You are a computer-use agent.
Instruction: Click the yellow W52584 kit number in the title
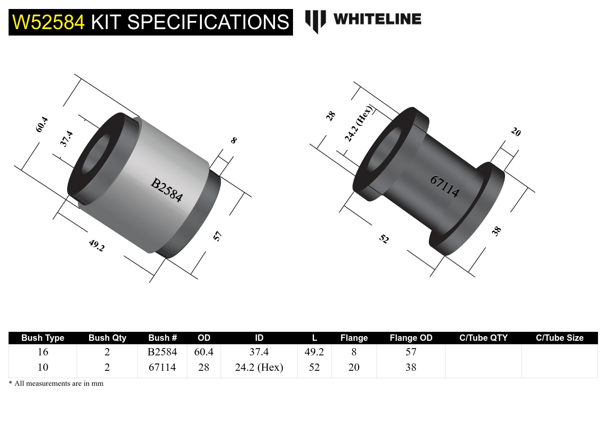(48, 22)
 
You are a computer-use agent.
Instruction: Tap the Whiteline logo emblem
(316, 21)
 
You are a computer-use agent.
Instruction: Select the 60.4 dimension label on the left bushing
(42, 124)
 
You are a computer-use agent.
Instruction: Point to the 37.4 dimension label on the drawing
(66, 139)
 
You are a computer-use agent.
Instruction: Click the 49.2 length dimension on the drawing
(97, 245)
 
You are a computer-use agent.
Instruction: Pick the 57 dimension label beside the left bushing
(218, 236)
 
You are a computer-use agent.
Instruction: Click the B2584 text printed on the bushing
(167, 190)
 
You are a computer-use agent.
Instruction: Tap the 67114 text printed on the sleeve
(445, 186)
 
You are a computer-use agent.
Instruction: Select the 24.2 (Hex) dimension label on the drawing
(359, 123)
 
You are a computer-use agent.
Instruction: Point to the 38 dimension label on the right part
(496, 231)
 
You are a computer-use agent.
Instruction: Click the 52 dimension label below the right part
(384, 238)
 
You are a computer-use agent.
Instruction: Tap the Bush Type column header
(43, 338)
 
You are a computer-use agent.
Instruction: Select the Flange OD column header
(411, 338)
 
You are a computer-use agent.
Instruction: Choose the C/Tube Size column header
(559, 338)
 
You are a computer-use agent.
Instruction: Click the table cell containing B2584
(162, 352)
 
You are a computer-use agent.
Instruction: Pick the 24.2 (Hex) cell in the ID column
(259, 367)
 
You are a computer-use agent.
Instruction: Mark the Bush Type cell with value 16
(43, 352)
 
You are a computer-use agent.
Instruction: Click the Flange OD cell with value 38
(411, 367)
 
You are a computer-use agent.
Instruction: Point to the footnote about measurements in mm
(56, 384)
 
